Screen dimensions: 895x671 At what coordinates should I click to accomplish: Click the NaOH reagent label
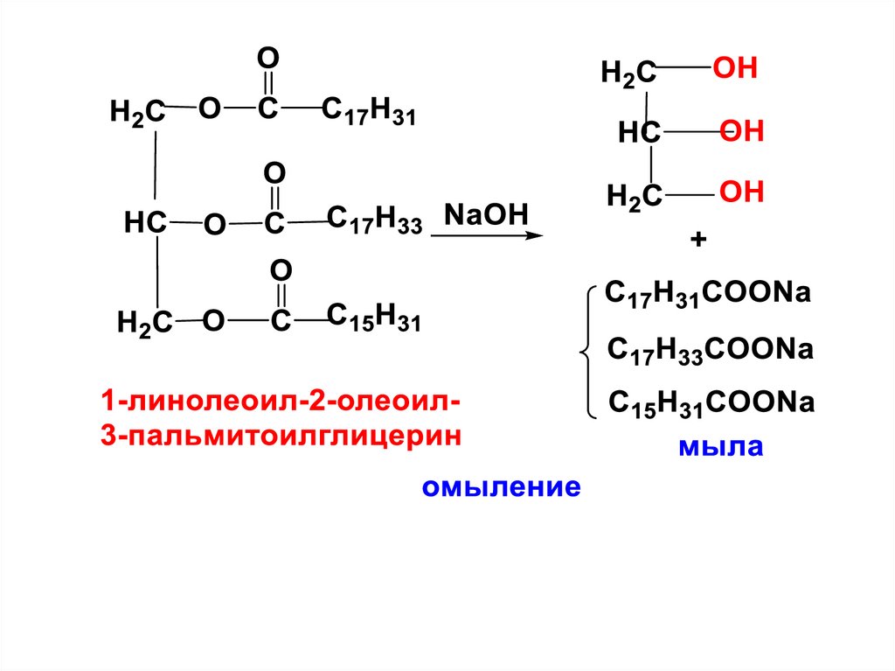click(x=487, y=214)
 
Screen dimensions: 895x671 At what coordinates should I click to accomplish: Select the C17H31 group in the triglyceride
click(x=369, y=112)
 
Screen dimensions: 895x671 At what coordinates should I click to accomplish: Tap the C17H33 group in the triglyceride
click(x=374, y=220)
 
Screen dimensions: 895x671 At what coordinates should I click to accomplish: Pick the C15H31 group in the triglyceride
click(x=374, y=318)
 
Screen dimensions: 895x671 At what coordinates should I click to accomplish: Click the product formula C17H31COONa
click(x=708, y=295)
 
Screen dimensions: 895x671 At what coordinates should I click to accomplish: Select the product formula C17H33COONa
click(x=711, y=350)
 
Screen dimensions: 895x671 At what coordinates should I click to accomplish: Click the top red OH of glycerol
click(x=735, y=69)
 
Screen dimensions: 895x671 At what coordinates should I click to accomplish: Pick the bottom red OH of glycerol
click(x=742, y=192)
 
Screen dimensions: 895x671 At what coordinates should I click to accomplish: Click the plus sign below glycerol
click(x=697, y=240)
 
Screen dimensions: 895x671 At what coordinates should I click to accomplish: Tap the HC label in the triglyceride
click(x=144, y=223)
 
